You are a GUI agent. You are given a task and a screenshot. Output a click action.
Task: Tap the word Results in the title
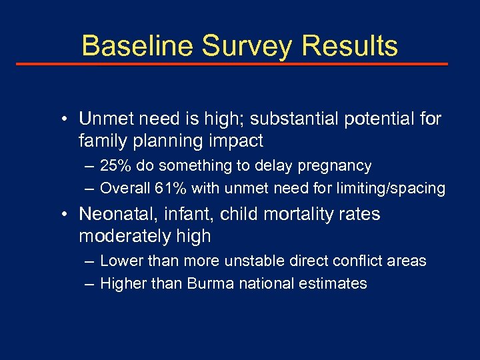point(349,46)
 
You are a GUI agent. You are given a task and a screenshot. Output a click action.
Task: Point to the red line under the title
point(231,64)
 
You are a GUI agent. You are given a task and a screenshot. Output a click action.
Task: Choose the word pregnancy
point(335,165)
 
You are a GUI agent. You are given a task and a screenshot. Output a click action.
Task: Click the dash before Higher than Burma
point(90,283)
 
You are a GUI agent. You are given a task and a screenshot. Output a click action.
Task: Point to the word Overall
point(125,189)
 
